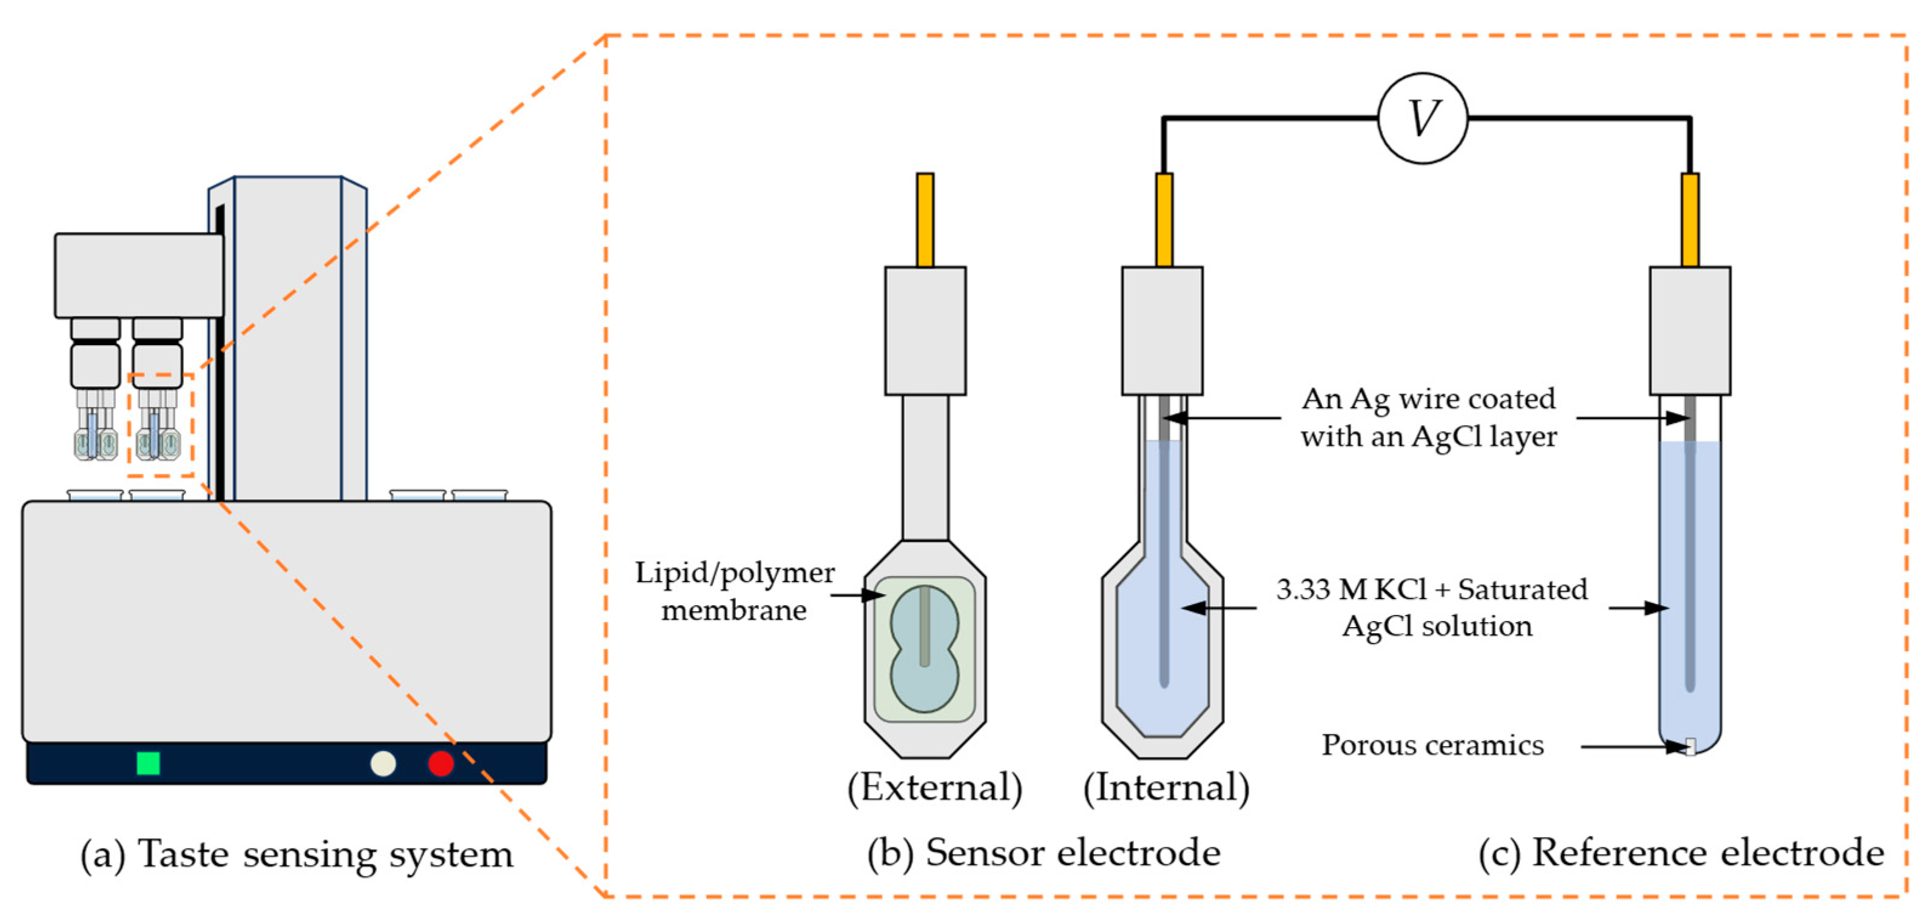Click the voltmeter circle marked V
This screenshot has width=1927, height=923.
(x=1422, y=118)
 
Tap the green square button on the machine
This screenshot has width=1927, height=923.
(x=148, y=763)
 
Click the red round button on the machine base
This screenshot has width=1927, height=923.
(x=440, y=763)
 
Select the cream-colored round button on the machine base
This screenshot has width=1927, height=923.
(x=383, y=763)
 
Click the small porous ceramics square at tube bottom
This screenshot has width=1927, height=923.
(x=1690, y=746)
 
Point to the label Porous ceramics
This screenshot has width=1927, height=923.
(x=1432, y=745)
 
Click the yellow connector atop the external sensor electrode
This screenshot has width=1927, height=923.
(x=925, y=219)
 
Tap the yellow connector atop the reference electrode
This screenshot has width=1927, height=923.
(x=1690, y=219)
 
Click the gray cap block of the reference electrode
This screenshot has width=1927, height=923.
(x=1690, y=331)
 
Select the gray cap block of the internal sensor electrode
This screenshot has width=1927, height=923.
(x=1162, y=331)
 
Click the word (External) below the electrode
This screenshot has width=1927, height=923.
(x=934, y=788)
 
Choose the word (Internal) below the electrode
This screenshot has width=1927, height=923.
(x=1166, y=788)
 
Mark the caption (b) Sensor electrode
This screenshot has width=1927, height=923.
(x=1044, y=853)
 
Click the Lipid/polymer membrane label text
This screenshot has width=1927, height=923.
(x=735, y=591)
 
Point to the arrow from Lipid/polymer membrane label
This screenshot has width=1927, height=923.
(x=857, y=596)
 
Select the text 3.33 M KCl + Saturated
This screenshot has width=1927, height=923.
(x=1432, y=589)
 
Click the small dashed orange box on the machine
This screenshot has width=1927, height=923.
(x=161, y=425)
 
